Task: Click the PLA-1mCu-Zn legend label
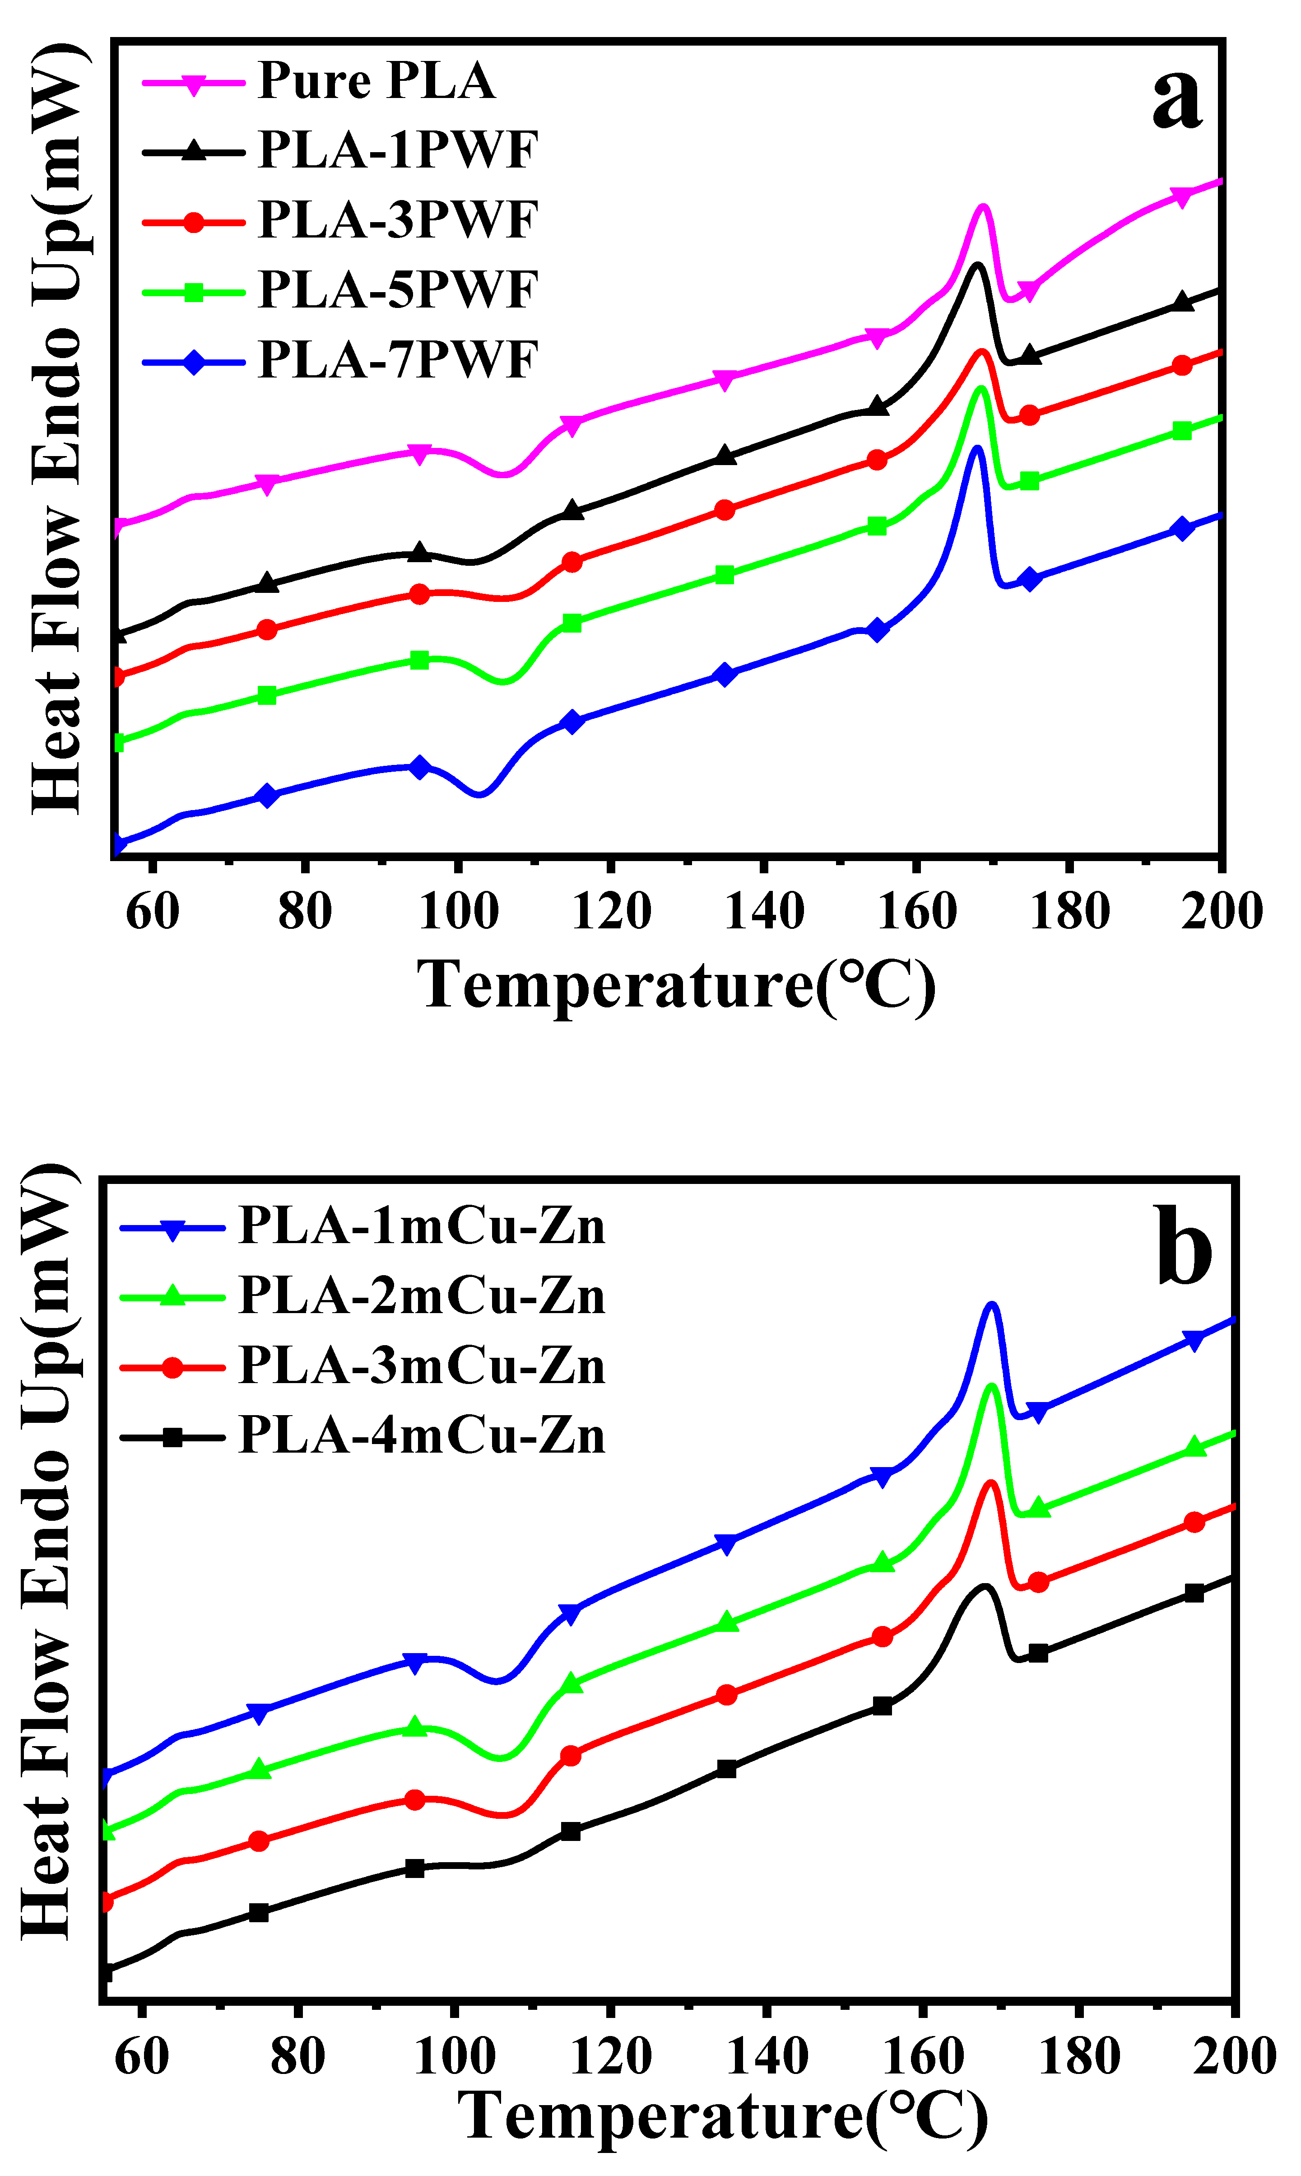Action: [x=422, y=1225]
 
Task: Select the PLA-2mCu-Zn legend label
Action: [x=422, y=1296]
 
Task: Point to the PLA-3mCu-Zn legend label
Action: [x=422, y=1366]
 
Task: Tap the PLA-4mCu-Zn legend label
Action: [x=422, y=1436]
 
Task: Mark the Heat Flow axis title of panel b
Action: [x=46, y=1552]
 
